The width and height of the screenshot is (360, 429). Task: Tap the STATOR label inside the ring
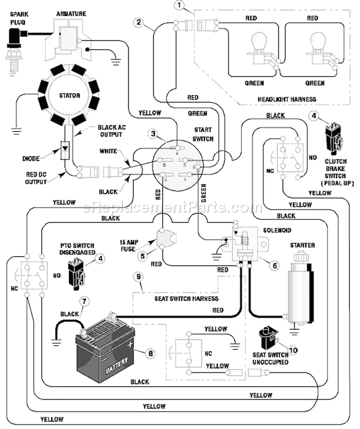70,95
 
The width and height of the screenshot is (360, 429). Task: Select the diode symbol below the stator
65,150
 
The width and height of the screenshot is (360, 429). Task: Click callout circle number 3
153,134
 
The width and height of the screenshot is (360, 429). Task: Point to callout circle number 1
180,5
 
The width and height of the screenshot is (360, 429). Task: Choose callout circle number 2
139,22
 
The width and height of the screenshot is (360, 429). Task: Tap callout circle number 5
143,256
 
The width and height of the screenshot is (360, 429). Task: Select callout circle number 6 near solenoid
275,265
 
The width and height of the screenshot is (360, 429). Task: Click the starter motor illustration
300,290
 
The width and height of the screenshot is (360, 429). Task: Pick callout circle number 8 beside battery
150,354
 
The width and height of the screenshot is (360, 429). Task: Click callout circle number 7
84,301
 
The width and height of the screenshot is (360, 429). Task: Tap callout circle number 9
139,276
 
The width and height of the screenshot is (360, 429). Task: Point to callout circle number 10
293,350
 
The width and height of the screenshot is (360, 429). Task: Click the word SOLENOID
277,230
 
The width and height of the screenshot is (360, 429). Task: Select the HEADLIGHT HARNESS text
287,99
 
